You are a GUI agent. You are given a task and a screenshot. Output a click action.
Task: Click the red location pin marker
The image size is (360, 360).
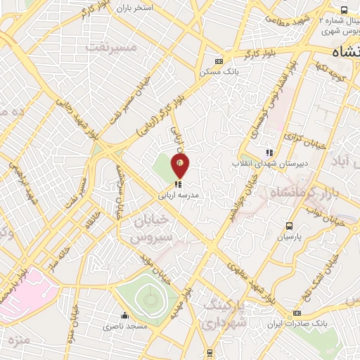(181, 166)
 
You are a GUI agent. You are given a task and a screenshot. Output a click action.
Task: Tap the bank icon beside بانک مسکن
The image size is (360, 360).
(219, 61)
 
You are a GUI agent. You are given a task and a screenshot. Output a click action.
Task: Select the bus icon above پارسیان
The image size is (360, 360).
(289, 226)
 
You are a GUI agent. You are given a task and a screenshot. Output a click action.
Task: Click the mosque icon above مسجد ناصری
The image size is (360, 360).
(124, 314)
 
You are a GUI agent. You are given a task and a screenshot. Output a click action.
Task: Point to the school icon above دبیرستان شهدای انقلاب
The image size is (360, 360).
(268, 153)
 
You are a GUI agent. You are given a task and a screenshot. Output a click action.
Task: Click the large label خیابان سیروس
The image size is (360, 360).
(152, 229)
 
